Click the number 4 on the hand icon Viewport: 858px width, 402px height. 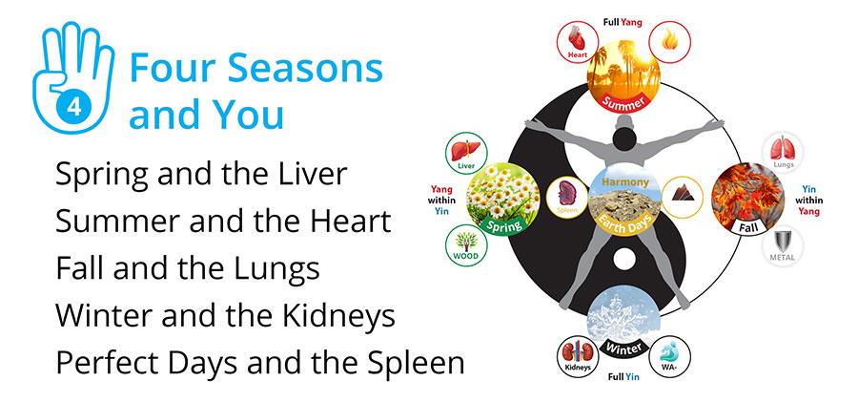click(73, 106)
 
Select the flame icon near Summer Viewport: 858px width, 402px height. click(670, 42)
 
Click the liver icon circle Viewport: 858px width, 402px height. click(466, 153)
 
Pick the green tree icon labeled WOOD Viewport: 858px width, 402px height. click(466, 245)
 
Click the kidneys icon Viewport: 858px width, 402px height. click(578, 356)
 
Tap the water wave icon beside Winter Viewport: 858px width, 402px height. click(670, 356)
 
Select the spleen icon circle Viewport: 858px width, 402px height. click(567, 198)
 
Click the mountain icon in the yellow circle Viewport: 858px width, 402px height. click(683, 198)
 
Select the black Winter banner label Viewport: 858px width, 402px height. click(623, 346)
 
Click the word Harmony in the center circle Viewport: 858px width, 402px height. click(624, 181)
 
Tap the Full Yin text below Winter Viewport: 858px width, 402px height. click(623, 377)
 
